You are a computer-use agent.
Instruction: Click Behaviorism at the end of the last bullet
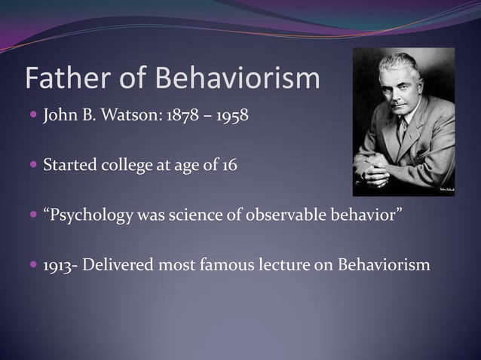(x=384, y=267)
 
